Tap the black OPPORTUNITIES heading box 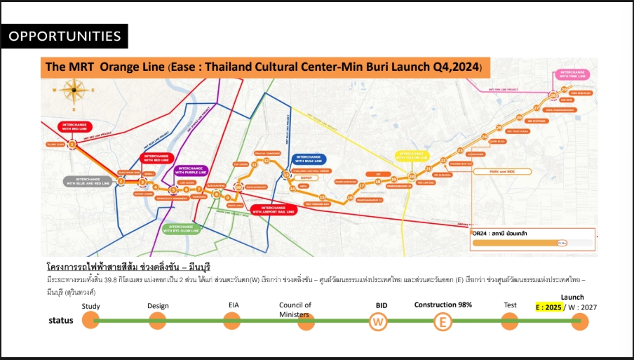click(65, 36)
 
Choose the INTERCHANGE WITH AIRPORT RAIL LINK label click(272, 209)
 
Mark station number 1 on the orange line click(72, 145)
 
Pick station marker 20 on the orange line click(412, 175)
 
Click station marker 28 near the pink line click(553, 95)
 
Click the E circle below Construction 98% click(443, 321)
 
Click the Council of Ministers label click(295, 309)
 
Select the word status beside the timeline click(61, 320)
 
